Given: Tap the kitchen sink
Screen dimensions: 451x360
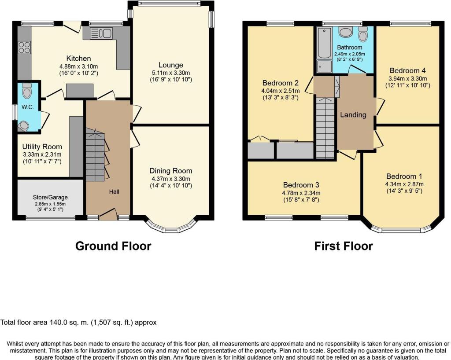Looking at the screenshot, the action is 101,33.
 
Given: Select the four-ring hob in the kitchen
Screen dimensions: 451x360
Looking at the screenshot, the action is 24,48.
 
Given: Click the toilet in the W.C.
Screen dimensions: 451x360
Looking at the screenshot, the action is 27,91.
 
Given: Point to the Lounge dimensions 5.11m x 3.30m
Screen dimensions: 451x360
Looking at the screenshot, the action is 171,73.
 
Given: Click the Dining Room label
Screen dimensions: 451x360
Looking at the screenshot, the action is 171,171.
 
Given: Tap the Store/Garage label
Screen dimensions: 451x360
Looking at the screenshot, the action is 50,197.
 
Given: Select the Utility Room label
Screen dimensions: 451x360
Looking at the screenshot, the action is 42,147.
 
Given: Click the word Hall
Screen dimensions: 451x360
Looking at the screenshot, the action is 114,191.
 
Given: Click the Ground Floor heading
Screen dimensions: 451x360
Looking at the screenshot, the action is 113,246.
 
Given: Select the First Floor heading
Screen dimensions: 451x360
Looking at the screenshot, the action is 344,246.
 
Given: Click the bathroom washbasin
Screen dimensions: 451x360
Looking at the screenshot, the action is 345,32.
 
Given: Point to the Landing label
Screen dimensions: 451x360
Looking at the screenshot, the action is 353,115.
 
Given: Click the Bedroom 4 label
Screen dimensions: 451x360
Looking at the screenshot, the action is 407,71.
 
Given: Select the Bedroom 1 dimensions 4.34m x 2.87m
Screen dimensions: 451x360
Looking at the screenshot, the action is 404,184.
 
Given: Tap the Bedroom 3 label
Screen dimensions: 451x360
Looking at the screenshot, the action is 301,185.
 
